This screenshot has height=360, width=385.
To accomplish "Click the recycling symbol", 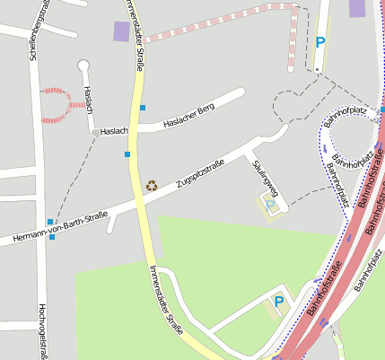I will pos(152,186).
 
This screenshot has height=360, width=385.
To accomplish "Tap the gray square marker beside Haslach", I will pos(95,132).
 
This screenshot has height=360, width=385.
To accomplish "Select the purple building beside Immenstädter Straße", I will pos(121,31).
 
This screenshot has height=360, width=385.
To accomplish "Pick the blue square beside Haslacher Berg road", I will pos(143,108).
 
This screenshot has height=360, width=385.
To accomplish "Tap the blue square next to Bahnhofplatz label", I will pos(382,110).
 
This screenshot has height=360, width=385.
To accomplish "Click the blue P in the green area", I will pos(278,302).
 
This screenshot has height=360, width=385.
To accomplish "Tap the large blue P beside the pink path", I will pos(320,42).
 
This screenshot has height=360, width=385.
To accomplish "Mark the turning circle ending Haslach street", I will pos(84,65).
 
